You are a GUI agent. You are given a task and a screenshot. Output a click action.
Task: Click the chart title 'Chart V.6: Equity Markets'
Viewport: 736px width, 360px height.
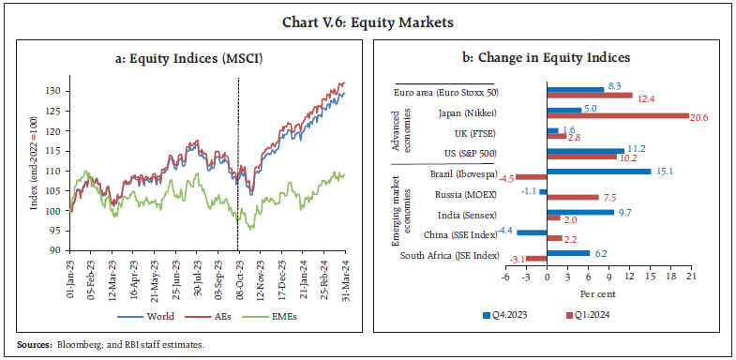[368, 17]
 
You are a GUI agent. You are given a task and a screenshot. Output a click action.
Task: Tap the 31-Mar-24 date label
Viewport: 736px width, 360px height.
[348, 281]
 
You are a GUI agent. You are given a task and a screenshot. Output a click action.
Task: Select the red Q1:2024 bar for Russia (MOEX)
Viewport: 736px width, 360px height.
[570, 198]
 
